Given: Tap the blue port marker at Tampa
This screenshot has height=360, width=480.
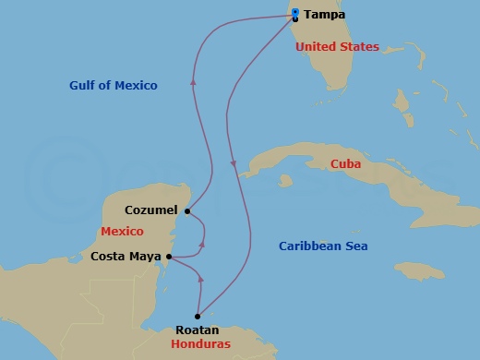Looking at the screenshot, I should click(294, 12).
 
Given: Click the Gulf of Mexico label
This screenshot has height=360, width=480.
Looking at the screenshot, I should click(114, 86).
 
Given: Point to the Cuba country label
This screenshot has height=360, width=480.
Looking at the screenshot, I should click(346, 164).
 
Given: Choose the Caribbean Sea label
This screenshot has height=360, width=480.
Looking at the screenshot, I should click(323, 246).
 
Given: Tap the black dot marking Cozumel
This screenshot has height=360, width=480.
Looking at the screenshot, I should click(186, 211).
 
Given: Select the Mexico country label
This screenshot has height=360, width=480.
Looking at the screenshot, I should click(124, 231).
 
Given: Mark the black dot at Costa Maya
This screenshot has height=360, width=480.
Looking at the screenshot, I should click(168, 257).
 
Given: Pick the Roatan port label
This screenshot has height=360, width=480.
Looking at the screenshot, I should click(198, 329).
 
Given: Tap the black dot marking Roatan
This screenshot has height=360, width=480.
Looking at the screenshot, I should click(198, 316).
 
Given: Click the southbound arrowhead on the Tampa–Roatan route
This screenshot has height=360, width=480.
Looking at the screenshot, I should click(234, 165).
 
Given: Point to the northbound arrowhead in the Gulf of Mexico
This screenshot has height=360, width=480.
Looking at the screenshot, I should click(193, 82).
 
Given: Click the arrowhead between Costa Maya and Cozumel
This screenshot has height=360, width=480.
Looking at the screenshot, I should click(203, 246).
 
